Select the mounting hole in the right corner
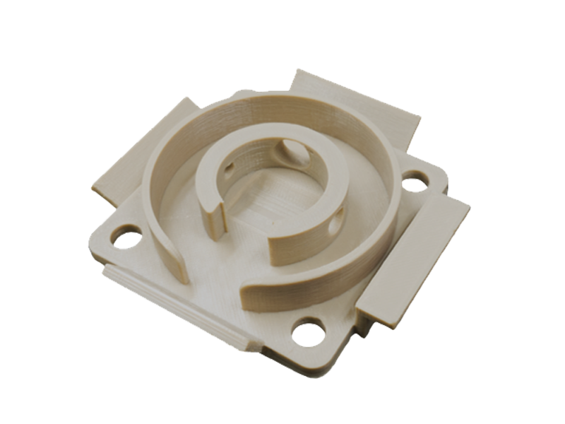click(x=415, y=182)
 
